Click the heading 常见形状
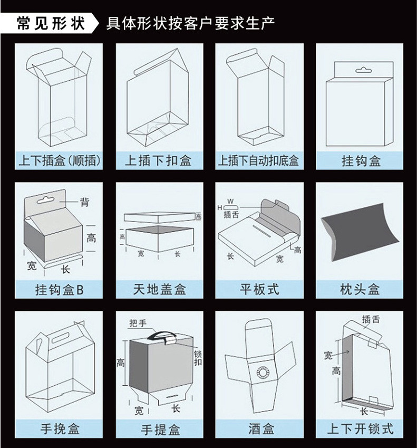[51, 23]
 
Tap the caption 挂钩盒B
[60, 290]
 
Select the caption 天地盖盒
[160, 289]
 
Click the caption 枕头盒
[360, 289]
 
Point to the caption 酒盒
[261, 429]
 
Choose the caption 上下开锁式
[360, 429]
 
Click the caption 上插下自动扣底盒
[258, 160]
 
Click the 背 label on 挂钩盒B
[84, 203]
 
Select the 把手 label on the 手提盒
[138, 323]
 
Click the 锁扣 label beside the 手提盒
[198, 358]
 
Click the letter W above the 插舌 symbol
[230, 202]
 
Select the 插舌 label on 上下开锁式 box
[371, 319]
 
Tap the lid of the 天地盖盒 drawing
[160, 217]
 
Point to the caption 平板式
[259, 289]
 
